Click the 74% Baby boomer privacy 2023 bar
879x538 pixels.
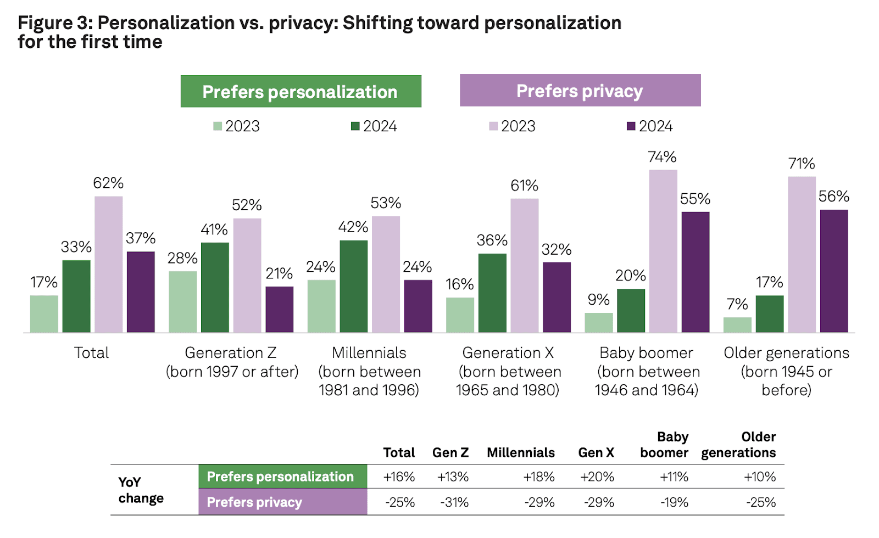point(663,251)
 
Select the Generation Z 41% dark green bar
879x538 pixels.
point(215,287)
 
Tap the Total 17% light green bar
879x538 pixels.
point(44,313)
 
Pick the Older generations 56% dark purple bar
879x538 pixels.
point(834,271)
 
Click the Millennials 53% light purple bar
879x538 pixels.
point(386,274)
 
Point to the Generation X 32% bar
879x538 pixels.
point(557,297)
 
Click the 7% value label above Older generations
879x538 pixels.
point(737,304)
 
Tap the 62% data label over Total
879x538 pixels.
point(108,183)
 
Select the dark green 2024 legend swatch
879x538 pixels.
point(355,126)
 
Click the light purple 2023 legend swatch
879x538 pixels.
point(493,126)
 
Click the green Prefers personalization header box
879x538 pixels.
point(301,92)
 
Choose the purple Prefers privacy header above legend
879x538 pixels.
point(580,91)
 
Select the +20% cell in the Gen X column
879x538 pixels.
point(597,477)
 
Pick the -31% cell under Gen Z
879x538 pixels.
point(454,502)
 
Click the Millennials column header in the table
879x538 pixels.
point(520,452)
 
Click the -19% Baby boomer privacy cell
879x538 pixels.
point(674,502)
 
